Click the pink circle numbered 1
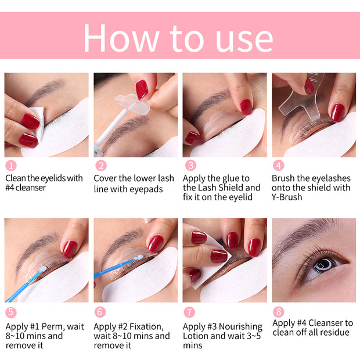coord(10,165)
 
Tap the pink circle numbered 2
coord(100,165)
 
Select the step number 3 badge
coord(189,165)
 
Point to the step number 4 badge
coord(278,165)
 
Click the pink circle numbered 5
coord(10,312)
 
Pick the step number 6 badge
coord(100,312)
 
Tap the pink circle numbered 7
coord(189,312)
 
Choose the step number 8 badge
coord(278,312)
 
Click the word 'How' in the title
coord(121,38)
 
